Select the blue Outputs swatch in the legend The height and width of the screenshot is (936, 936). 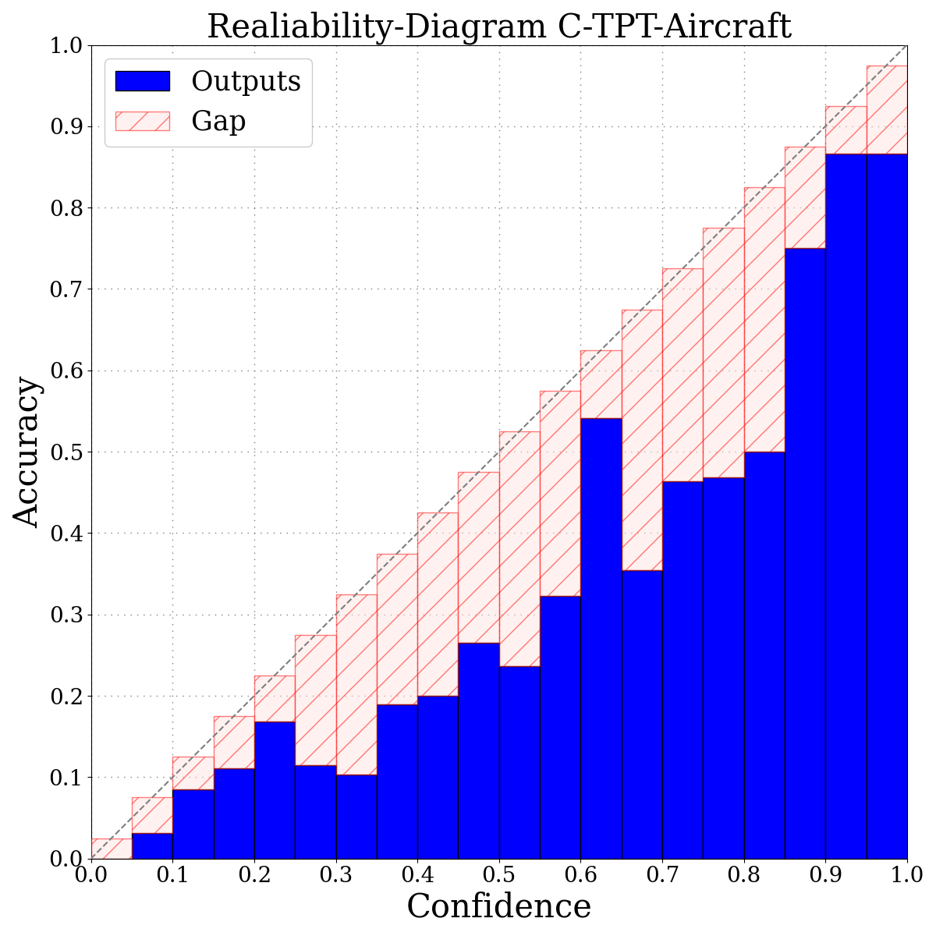point(142,81)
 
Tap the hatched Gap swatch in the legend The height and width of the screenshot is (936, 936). point(142,121)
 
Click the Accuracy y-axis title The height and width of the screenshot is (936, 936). point(27,452)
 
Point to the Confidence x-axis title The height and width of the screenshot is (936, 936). point(499,907)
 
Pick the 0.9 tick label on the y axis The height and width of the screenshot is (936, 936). point(66,127)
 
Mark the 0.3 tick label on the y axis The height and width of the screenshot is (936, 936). point(66,615)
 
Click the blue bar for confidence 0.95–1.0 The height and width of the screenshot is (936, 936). point(887,507)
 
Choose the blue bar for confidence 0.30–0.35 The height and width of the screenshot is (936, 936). point(356,816)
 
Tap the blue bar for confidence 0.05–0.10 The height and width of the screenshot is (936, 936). point(152,846)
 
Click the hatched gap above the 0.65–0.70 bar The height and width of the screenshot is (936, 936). point(642,441)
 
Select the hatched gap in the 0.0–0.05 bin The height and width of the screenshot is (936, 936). point(112,849)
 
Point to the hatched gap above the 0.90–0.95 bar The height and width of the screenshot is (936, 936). point(846,130)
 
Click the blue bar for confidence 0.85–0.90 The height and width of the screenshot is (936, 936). point(805,554)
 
